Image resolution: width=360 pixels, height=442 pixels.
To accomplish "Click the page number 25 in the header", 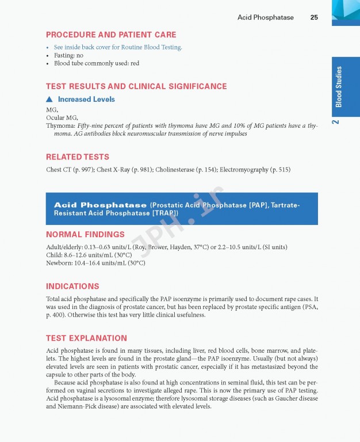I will pos(314,17).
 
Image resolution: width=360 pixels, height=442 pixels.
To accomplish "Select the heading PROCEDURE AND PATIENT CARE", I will pos(111,35).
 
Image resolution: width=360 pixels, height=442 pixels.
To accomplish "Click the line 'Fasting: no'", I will pos(68,55).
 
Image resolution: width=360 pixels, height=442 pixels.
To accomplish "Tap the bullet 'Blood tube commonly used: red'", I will pos(96,63).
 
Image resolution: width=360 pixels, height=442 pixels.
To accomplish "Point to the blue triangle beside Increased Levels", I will pos(49,100).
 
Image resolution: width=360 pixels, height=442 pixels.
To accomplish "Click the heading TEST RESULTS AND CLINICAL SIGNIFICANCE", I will pos(136,86).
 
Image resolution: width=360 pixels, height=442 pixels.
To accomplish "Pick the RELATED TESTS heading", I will pos(77,157).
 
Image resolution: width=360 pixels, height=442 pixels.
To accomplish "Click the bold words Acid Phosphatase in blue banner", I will pos(100,205).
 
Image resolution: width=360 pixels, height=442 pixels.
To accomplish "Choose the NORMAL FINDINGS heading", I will pos(85,234).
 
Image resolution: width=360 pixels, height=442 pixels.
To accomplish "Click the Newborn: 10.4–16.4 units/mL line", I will pos(95,263).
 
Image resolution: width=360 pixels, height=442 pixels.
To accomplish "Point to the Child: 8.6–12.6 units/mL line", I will pos(89,255).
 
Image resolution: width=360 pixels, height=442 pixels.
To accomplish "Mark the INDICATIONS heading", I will pos(72,286).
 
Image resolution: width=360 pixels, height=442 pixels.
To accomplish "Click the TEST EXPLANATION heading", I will pos(86,338).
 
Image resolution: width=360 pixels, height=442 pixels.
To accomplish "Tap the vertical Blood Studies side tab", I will pos(339,86).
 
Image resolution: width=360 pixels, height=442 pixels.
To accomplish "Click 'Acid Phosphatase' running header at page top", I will pos(265,17).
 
